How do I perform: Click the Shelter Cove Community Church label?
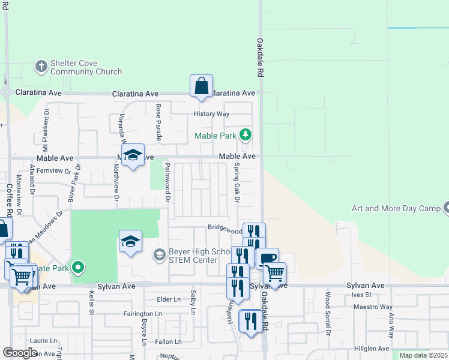pyautogui.click(x=86, y=67)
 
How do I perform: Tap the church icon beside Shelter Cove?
pyautogui.click(x=41, y=66)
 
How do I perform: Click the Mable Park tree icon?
pyautogui.click(x=245, y=134)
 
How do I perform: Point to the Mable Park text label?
pyautogui.click(x=215, y=136)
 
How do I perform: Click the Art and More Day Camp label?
pyautogui.click(x=396, y=208)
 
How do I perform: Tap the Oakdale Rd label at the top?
pyautogui.click(x=261, y=57)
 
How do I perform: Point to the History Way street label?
pyautogui.click(x=211, y=114)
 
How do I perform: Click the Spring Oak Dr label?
pyautogui.click(x=237, y=182)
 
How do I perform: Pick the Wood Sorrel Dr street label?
pyautogui.click(x=328, y=313)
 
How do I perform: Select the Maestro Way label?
pyautogui.click(x=369, y=307)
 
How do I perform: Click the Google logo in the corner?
pyautogui.click(x=20, y=353)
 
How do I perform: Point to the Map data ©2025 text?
pyautogui.click(x=423, y=355)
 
